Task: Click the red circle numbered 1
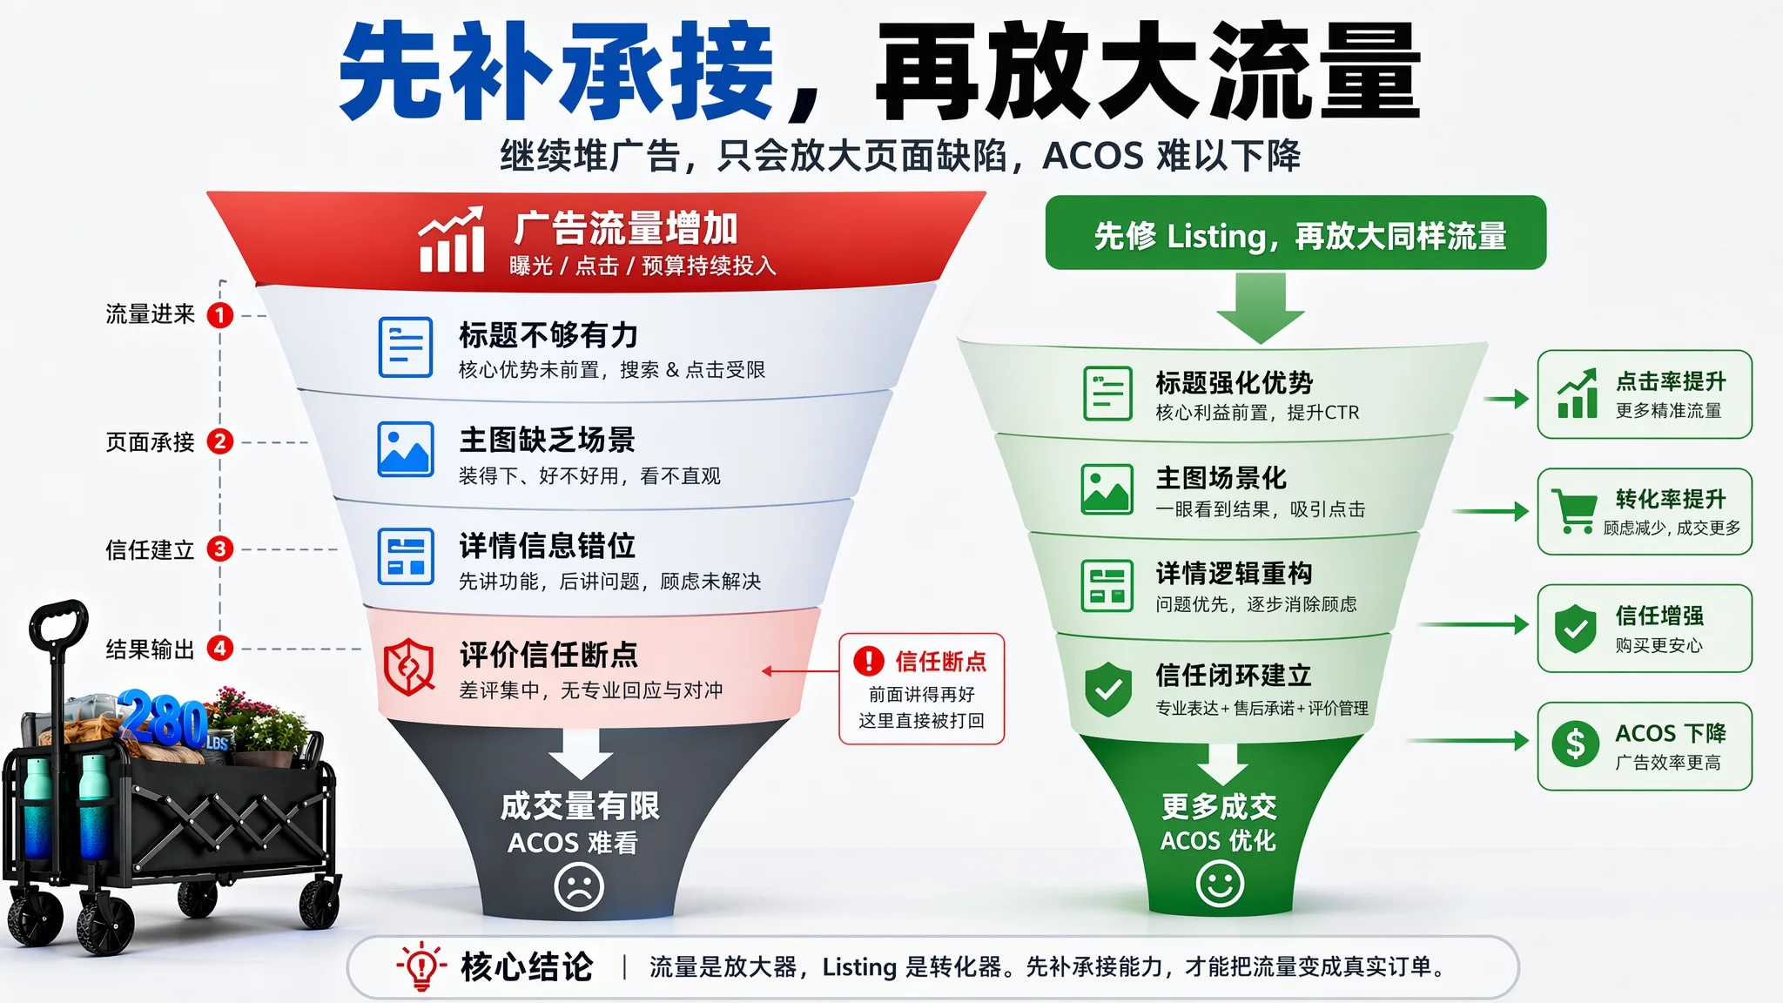click(220, 314)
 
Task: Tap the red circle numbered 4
click(220, 648)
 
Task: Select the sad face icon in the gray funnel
click(579, 886)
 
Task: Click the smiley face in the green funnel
click(1220, 884)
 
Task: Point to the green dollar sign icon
click(1576, 744)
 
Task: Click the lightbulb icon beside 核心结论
click(422, 966)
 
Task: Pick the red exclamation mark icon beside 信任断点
click(869, 661)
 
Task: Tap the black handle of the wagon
click(59, 620)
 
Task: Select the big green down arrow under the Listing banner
click(1260, 308)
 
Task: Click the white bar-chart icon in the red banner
click(452, 239)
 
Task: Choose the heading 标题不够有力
click(549, 335)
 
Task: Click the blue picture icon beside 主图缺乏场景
click(406, 449)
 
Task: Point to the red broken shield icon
click(409, 666)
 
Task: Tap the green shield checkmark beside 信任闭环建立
click(1108, 688)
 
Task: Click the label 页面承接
click(150, 442)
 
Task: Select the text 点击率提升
click(1671, 381)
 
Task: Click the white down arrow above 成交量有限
click(582, 752)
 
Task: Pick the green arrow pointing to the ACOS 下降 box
click(1468, 741)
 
